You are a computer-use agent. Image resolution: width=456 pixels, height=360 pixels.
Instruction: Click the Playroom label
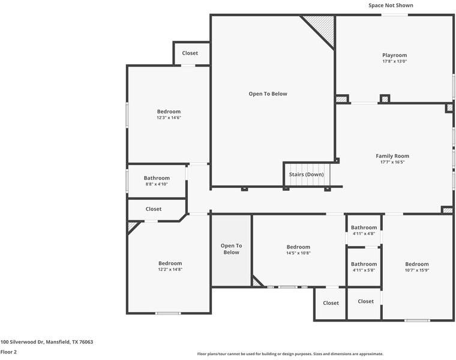click(x=394, y=55)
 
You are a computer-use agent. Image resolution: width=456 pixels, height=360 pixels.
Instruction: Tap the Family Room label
click(x=392, y=156)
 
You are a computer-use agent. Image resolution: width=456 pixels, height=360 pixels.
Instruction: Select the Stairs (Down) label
click(x=306, y=175)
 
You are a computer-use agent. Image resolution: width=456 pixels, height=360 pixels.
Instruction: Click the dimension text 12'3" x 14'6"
click(x=169, y=118)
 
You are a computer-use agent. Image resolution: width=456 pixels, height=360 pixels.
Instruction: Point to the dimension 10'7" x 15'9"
click(x=416, y=270)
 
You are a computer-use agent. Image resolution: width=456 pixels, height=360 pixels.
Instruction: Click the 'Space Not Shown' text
click(x=391, y=5)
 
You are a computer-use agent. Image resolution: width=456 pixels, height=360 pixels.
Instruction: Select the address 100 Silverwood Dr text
click(x=47, y=342)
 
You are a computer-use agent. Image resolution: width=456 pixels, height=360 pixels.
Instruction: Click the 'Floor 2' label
click(x=8, y=352)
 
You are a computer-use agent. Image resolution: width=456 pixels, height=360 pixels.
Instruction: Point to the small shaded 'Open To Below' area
click(x=231, y=250)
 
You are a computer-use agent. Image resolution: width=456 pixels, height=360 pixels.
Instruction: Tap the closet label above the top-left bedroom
click(x=190, y=53)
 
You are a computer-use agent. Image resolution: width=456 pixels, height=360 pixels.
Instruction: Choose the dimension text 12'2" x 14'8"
click(x=170, y=269)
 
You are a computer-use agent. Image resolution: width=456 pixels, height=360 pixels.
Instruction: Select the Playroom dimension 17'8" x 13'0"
click(x=394, y=61)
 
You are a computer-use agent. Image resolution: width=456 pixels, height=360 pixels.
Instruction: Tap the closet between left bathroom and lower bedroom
click(x=154, y=209)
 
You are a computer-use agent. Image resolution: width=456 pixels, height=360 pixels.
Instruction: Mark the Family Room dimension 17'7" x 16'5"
click(x=392, y=162)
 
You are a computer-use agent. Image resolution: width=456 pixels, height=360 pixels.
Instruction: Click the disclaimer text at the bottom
click(x=290, y=354)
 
